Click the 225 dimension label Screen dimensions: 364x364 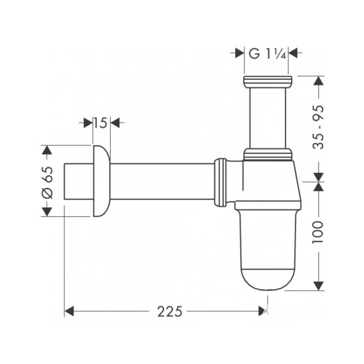point(170,312)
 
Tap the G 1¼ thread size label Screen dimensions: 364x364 point(267,54)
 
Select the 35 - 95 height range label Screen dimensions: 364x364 point(318,127)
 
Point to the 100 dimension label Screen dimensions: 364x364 point(318,232)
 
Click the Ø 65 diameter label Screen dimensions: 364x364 point(48,182)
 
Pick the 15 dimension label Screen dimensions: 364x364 point(100,123)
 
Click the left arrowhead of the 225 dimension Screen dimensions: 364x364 point(69,311)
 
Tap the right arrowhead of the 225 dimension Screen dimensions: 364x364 point(263,311)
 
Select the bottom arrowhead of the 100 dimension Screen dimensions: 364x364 point(318,286)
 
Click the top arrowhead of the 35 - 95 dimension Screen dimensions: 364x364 point(318,80)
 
